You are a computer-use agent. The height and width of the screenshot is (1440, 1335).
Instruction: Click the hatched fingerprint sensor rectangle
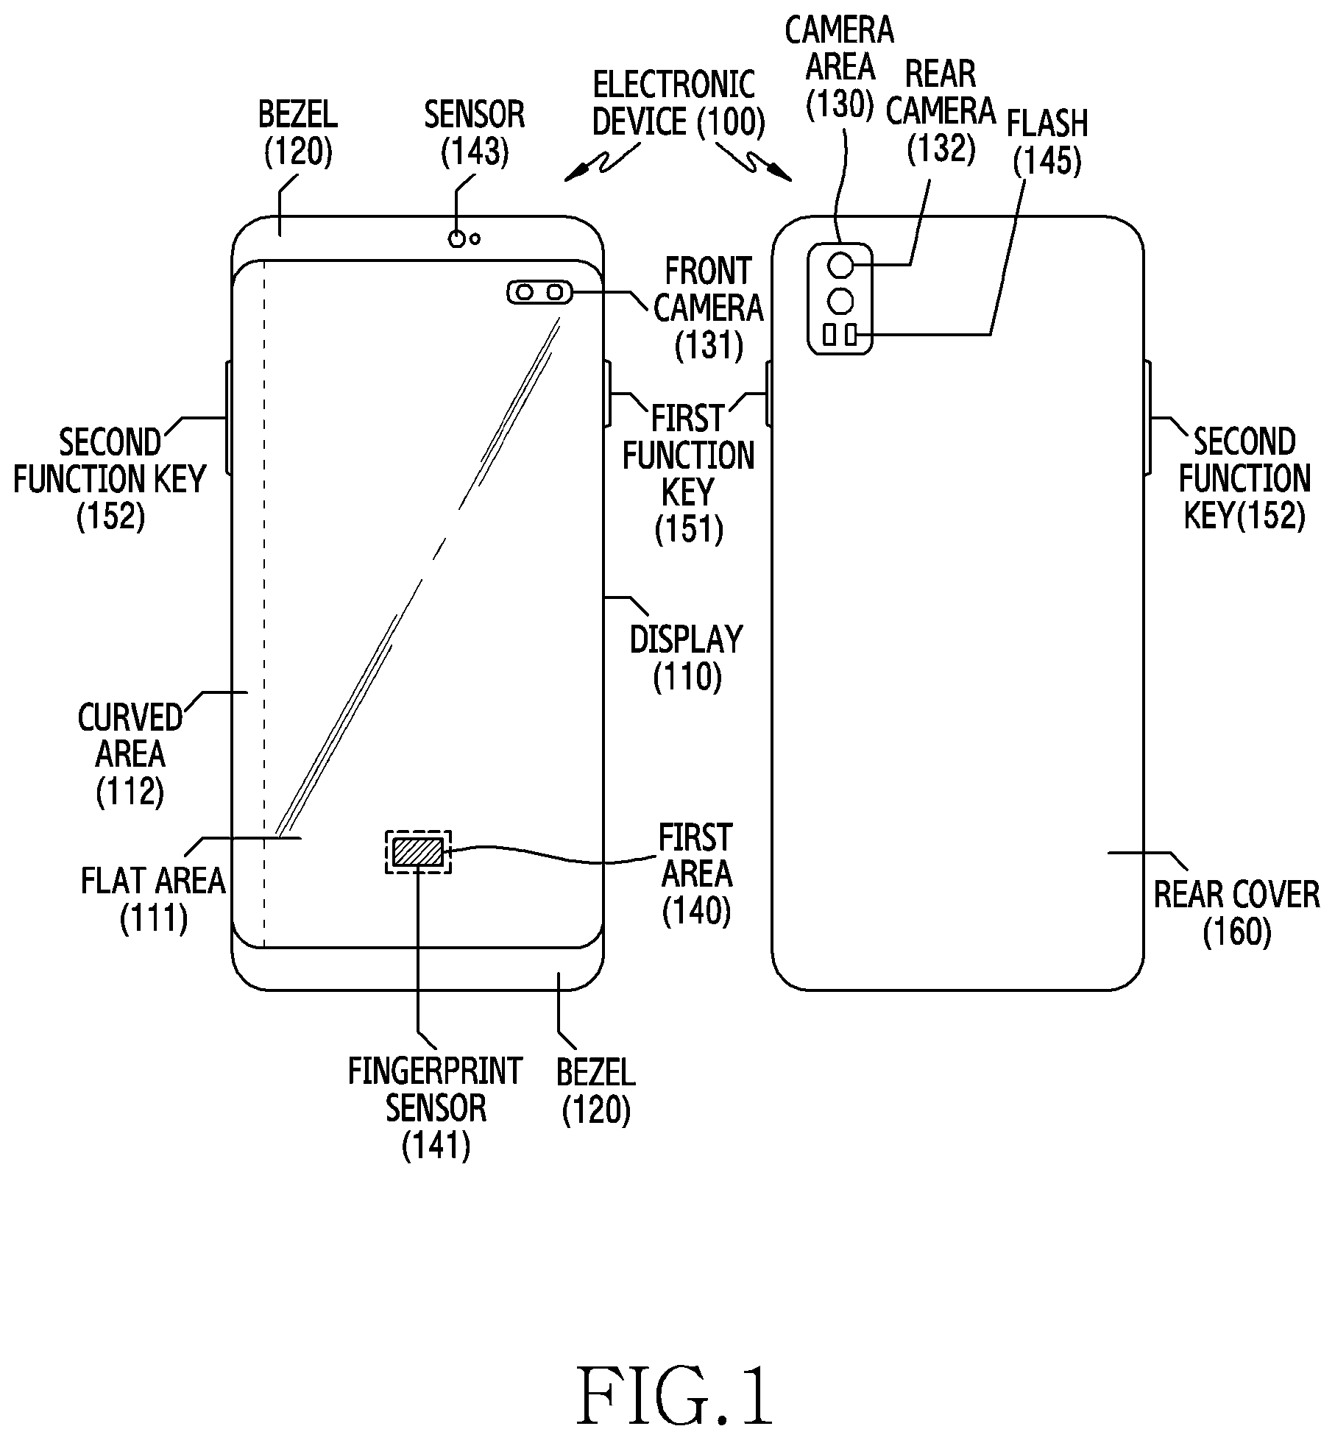point(418,852)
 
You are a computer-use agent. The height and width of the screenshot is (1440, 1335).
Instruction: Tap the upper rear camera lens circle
point(840,265)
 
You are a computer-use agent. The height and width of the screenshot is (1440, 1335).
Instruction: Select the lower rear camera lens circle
point(840,300)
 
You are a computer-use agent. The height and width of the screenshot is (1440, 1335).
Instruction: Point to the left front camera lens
point(524,293)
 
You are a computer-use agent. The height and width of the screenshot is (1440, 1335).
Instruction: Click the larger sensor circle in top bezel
point(458,238)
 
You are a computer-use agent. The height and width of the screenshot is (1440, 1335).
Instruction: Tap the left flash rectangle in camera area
point(829,336)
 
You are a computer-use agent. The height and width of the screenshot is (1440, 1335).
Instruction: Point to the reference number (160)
point(1237,932)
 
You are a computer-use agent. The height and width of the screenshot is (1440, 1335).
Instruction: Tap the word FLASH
point(1047,124)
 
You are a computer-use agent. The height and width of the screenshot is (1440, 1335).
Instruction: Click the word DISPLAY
point(687,639)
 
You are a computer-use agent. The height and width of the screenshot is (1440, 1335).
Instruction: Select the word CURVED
point(130,718)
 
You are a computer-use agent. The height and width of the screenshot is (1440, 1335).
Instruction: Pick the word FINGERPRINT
point(435,1071)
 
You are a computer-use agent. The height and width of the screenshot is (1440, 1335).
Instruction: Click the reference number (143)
point(475,152)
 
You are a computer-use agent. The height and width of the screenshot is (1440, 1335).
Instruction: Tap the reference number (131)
point(709,344)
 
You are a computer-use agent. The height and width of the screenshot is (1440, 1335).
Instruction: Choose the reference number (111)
point(154,918)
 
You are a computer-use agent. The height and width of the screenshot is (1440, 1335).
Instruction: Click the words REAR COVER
point(1236,895)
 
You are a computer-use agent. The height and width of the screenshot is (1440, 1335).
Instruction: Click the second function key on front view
point(228,417)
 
